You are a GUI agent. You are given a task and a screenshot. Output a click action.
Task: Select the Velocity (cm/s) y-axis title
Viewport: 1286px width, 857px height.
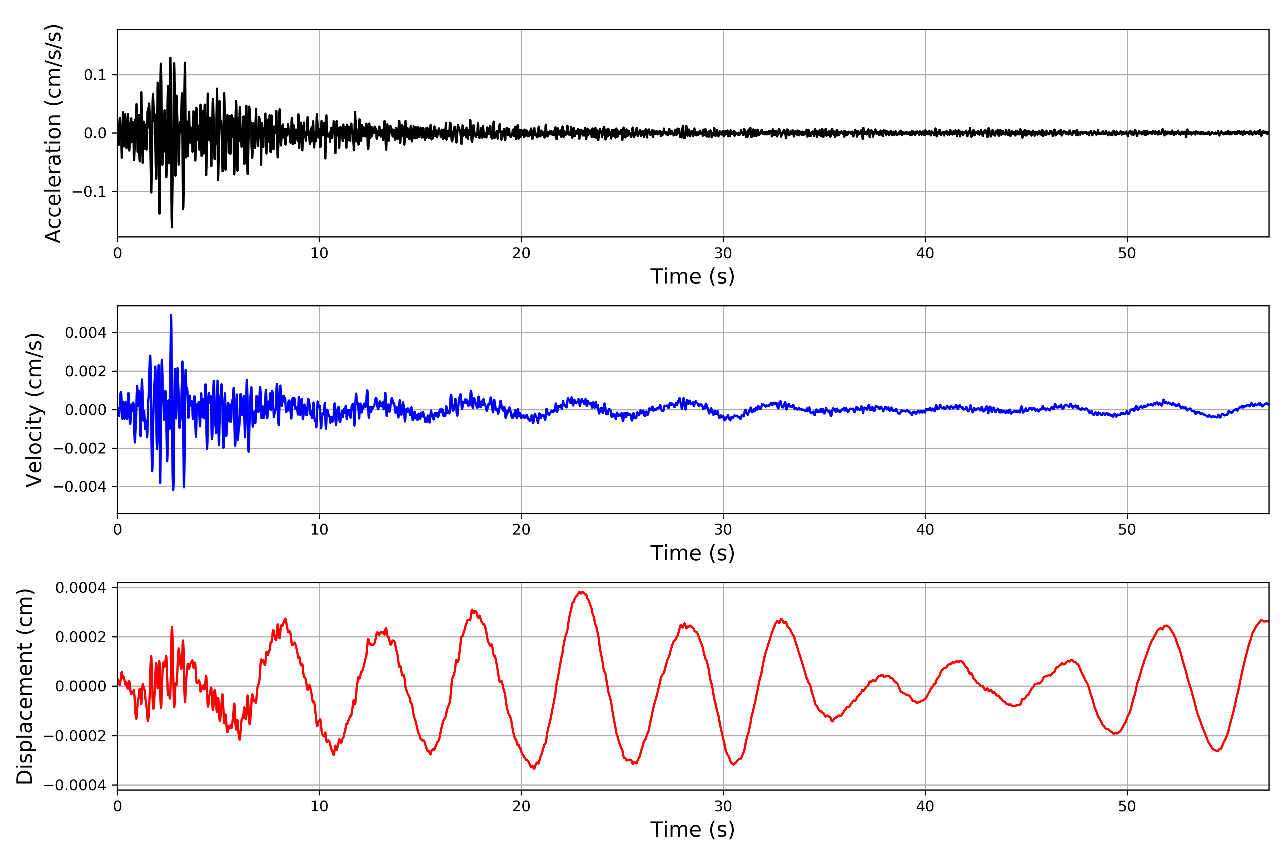coord(34,410)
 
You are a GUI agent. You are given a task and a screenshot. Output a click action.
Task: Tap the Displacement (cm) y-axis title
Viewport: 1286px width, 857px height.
coord(25,686)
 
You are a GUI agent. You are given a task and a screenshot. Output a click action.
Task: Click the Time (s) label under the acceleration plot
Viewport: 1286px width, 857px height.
coord(692,276)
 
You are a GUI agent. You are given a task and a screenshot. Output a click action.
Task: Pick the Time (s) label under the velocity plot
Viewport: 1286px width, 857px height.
coord(692,553)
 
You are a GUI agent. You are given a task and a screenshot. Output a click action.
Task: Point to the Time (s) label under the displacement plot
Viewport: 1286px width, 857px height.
coord(692,830)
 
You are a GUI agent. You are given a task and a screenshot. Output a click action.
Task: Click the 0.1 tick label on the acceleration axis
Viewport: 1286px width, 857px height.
coord(95,75)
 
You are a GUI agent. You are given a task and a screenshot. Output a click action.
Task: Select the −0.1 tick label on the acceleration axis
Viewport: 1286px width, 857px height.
coord(89,192)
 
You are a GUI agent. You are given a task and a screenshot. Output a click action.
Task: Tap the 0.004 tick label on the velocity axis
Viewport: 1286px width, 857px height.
coord(85,333)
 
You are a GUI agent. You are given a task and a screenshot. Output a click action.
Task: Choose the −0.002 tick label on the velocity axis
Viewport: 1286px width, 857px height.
coord(80,448)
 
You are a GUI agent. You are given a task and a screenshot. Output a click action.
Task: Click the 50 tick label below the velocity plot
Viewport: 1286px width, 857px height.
coord(1127,530)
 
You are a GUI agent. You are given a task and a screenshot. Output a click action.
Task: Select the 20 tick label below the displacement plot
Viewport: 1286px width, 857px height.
coord(521,806)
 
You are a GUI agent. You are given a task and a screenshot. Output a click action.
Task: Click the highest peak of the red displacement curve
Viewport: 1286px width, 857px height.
coord(582,592)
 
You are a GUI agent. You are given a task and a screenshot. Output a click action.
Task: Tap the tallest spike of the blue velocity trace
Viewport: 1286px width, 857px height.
coord(171,315)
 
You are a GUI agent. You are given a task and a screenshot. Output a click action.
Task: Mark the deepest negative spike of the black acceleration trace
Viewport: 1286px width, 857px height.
coord(172,227)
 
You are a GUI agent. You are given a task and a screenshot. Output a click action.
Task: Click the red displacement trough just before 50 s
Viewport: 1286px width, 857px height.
coord(1114,733)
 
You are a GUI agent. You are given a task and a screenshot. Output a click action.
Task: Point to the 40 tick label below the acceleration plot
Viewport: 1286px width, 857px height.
coord(925,254)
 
